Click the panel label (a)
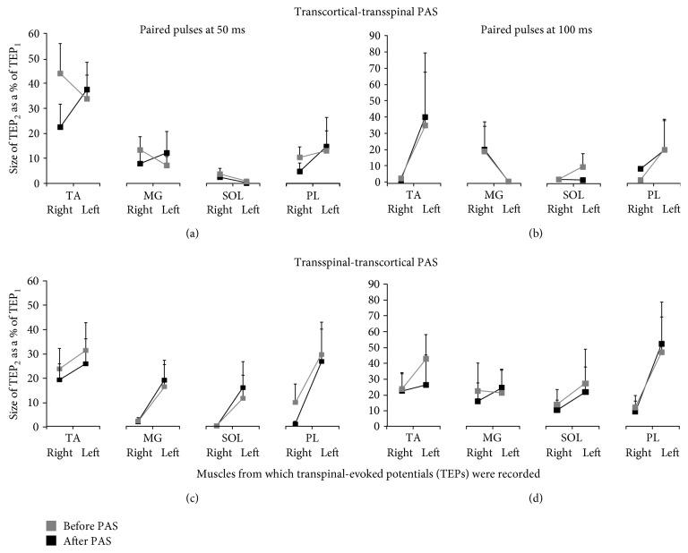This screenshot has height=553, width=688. tap(191, 232)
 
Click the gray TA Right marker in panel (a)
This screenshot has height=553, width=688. tap(60, 73)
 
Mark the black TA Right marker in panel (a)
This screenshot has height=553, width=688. tap(60, 127)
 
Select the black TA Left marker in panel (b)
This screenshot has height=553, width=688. tap(425, 117)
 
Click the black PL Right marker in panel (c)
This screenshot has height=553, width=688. tap(295, 423)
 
